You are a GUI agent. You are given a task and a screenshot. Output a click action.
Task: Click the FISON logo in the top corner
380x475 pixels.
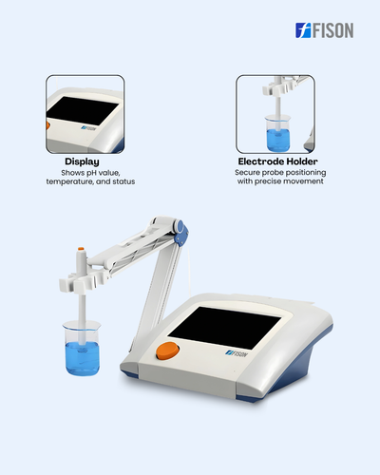tap(325, 30)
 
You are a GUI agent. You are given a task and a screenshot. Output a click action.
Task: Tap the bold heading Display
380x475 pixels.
tap(82, 161)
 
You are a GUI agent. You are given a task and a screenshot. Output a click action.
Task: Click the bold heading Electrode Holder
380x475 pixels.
tap(277, 161)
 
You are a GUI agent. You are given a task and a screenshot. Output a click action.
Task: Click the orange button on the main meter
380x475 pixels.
tap(167, 351)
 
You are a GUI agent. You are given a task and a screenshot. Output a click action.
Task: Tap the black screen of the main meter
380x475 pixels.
tap(224, 327)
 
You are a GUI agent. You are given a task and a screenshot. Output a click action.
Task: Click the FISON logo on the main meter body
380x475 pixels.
tap(237, 353)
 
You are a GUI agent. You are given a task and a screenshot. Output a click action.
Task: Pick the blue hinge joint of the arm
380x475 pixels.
tap(181, 234)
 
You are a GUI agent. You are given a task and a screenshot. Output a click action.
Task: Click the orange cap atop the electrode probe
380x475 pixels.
tap(81, 249)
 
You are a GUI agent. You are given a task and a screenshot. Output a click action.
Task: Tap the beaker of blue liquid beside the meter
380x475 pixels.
tap(82, 348)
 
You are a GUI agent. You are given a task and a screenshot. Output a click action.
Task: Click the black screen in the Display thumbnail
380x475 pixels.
tap(82, 110)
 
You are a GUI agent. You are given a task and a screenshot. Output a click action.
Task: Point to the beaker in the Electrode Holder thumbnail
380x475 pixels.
tap(277, 133)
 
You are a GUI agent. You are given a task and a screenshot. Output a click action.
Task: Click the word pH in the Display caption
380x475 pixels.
tap(91, 173)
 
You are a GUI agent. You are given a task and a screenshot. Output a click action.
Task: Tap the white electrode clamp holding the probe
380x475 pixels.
tap(84, 281)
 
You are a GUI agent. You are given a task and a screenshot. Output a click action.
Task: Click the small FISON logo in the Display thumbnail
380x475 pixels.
tap(88, 128)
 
